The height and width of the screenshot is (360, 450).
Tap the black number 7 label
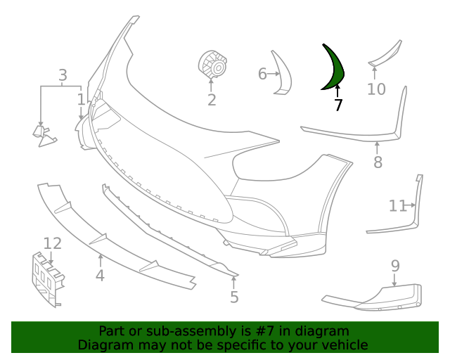point(338,105)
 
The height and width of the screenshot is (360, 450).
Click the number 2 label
point(212,100)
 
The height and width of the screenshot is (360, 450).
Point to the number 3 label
point(63,75)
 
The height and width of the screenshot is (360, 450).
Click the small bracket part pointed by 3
point(45,135)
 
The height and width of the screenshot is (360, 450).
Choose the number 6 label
point(262,74)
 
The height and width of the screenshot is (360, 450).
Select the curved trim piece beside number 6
point(283,72)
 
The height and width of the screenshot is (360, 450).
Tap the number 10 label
point(376,89)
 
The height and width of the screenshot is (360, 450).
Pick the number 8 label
point(378,163)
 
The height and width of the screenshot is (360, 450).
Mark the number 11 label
point(397,206)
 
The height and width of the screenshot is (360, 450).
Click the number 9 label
point(395,266)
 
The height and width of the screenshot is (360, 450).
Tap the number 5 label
point(234,297)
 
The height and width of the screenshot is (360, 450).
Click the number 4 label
point(100,276)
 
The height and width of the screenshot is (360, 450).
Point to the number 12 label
point(53,244)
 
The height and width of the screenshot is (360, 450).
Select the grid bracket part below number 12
point(46,280)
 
